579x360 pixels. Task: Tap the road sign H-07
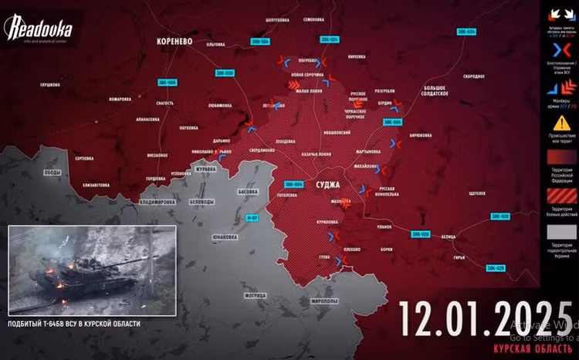click(251, 219)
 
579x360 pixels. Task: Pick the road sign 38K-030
click(224, 73)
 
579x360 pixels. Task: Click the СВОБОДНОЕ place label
click(473, 76)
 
